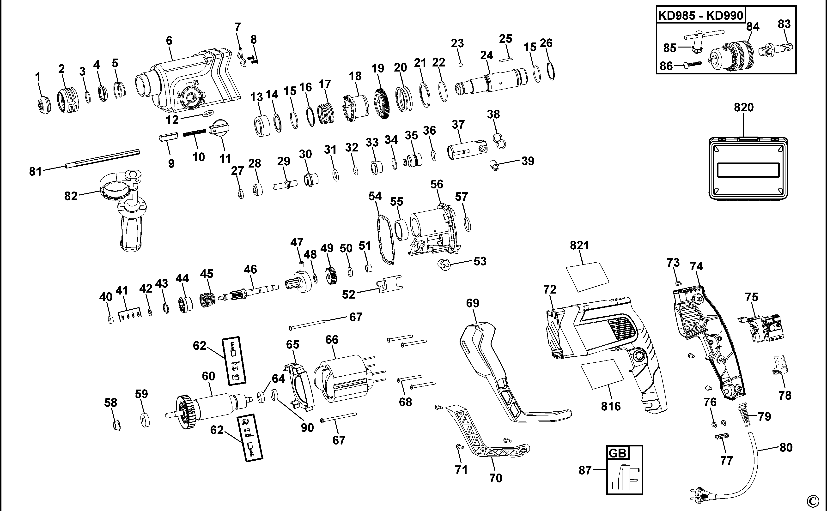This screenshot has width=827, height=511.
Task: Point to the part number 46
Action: pyautogui.click(x=250, y=269)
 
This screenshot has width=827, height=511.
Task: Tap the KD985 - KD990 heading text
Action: pyautogui.click(x=701, y=16)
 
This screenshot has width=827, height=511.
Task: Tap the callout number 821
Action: pyautogui.click(x=579, y=245)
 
